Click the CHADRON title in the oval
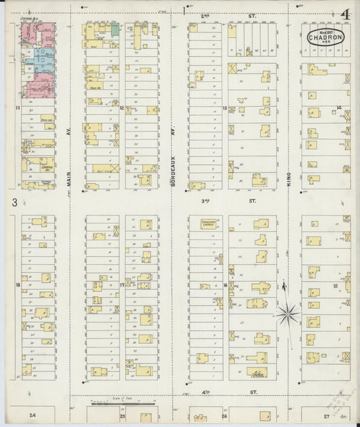[x=326, y=38]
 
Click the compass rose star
[x=288, y=313]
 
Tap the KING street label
[x=288, y=178]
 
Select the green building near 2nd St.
[x=115, y=29]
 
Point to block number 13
[x=224, y=107]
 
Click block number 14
[x=338, y=107]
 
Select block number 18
[x=17, y=284]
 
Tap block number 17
[x=122, y=284]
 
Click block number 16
[x=224, y=284]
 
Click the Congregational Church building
[x=205, y=222]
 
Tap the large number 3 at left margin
[x=14, y=202]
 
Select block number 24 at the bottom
[x=31, y=413]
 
